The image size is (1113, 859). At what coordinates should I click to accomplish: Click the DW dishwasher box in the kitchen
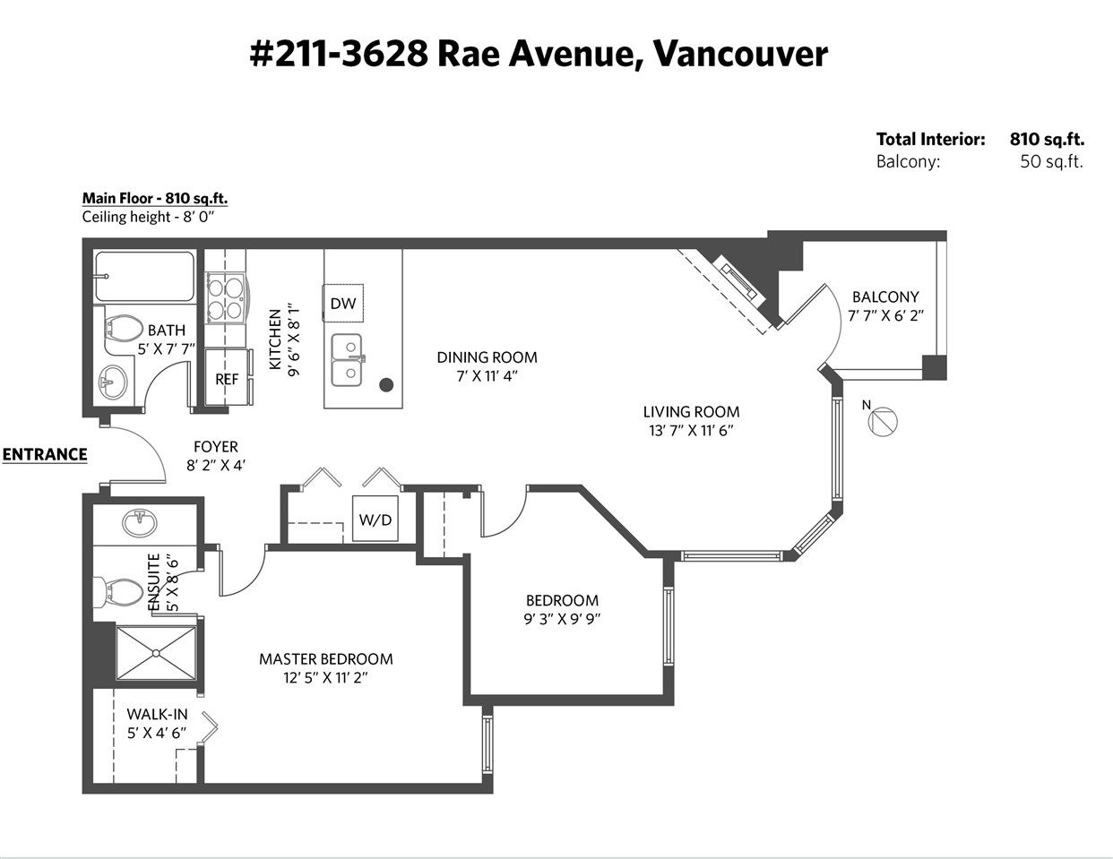[342, 303]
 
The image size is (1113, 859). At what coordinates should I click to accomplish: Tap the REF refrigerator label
[227, 379]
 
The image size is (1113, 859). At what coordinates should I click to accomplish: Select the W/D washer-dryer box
[375, 518]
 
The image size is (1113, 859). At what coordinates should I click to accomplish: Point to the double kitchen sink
[347, 360]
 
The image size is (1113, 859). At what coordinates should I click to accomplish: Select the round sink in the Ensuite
[140, 523]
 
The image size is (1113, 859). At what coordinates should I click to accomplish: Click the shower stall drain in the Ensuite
[156, 653]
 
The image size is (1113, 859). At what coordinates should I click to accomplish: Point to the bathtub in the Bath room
[145, 277]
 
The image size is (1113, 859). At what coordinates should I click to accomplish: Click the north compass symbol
[883, 422]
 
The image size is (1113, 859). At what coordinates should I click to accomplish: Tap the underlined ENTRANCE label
[45, 455]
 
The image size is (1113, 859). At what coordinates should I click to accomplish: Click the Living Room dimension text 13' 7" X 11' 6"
[692, 431]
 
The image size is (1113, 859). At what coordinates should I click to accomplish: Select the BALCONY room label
[885, 296]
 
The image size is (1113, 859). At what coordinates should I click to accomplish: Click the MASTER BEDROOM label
[326, 659]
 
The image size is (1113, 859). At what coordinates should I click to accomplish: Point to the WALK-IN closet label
[157, 714]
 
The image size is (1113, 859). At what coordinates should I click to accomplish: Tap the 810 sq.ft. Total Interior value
[1047, 139]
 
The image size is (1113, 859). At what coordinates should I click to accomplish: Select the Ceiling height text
[148, 217]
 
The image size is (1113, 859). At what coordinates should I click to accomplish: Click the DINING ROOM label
[487, 357]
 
